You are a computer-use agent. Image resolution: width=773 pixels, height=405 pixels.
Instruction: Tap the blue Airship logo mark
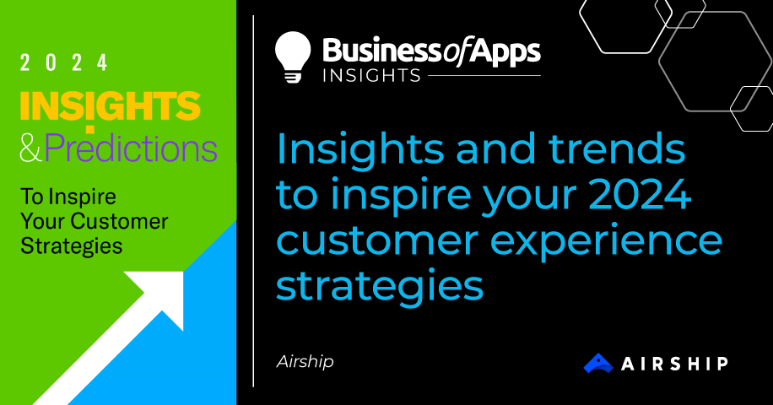click(x=598, y=363)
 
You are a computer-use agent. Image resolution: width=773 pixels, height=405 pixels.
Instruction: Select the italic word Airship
click(x=305, y=362)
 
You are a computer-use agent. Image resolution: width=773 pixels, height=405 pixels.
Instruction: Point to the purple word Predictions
click(x=131, y=148)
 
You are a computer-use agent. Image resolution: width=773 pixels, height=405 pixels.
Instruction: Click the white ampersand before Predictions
click(x=31, y=148)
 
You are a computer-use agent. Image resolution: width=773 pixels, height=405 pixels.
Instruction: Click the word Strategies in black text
click(x=72, y=246)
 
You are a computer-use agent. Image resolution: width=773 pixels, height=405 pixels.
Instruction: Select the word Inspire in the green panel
click(x=83, y=197)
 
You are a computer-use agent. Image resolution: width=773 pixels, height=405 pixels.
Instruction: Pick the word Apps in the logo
click(x=504, y=52)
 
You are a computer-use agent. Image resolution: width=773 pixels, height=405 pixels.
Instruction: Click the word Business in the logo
click(x=382, y=51)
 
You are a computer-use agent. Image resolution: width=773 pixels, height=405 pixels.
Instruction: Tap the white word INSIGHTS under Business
click(x=371, y=75)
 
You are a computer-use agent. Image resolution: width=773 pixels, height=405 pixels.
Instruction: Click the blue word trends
click(x=617, y=148)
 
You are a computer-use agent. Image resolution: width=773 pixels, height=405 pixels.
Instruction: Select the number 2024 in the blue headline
click(x=640, y=194)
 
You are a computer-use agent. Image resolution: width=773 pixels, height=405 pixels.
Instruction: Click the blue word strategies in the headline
click(x=380, y=287)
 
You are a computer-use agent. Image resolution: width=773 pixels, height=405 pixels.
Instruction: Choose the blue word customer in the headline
click(x=377, y=241)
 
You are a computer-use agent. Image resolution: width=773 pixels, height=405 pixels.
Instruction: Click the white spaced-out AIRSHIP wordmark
click(x=674, y=364)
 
